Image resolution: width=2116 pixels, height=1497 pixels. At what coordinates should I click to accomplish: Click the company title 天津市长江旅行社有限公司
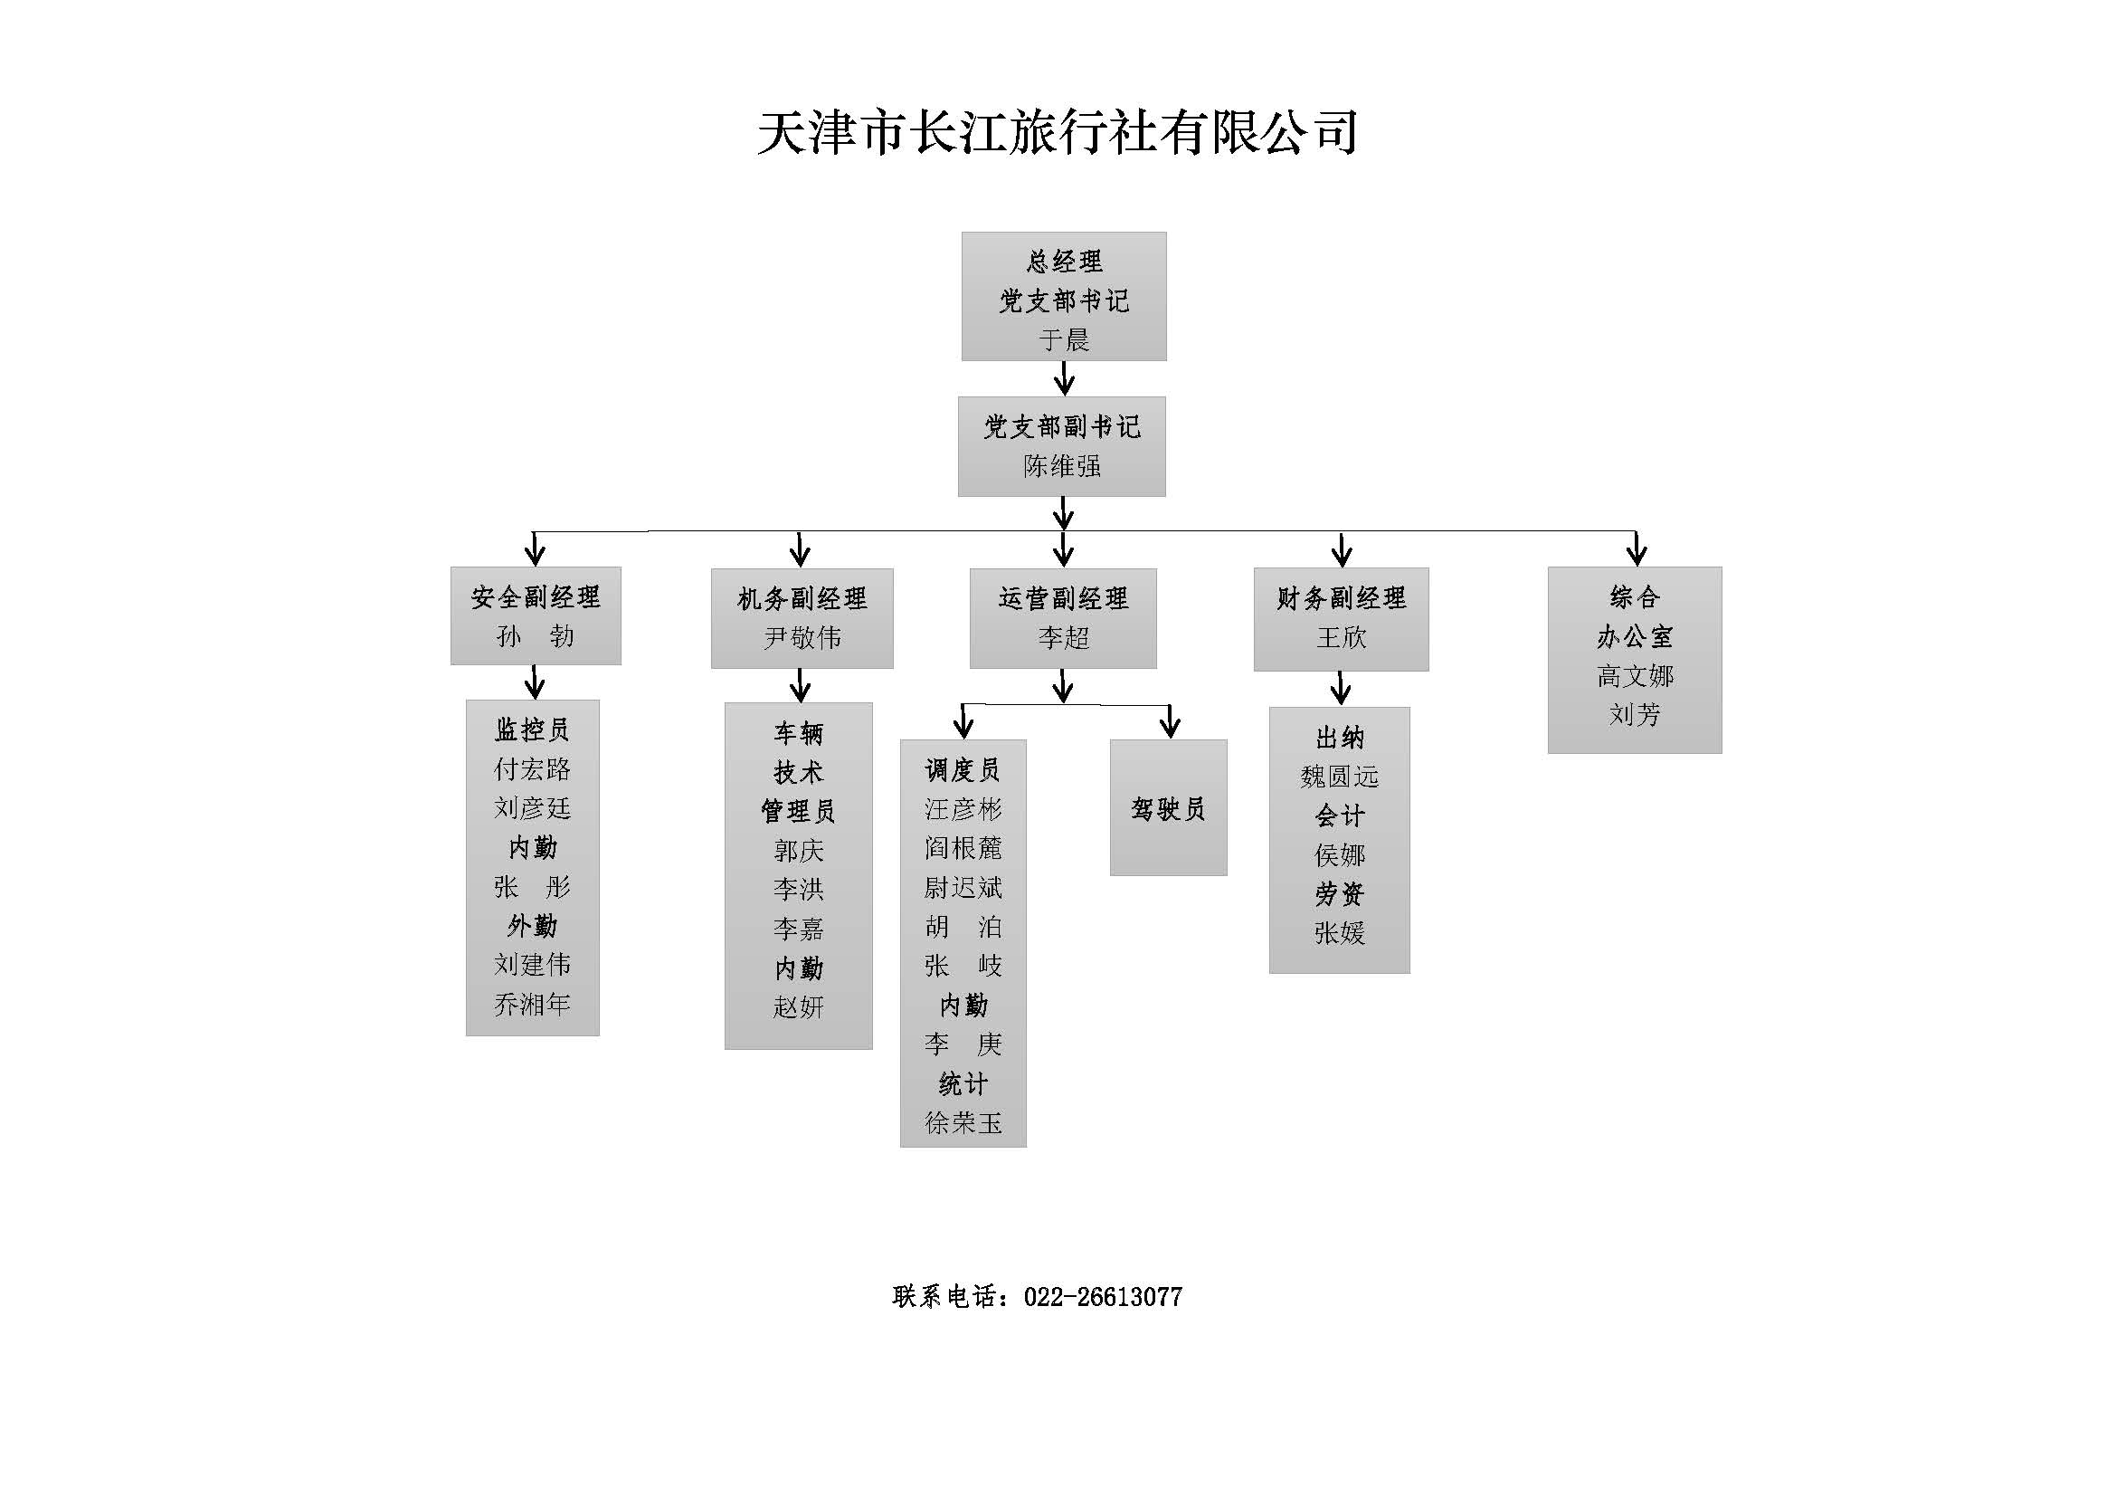tap(1057, 132)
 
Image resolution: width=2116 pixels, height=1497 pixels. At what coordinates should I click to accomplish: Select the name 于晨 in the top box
tap(1064, 340)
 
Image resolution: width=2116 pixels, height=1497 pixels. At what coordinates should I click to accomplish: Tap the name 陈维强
tap(1062, 466)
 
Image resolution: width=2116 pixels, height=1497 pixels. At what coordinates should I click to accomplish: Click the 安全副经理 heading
tap(536, 597)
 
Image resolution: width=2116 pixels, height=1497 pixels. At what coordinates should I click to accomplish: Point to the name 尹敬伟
tap(802, 638)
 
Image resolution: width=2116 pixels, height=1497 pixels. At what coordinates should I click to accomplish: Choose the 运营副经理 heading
tap(1063, 599)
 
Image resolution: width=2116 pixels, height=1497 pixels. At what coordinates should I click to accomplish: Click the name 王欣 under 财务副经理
tap(1341, 638)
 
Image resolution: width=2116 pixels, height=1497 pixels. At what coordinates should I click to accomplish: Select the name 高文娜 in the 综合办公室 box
tap(1634, 677)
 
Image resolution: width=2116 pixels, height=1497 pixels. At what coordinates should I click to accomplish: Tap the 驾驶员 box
tap(1168, 808)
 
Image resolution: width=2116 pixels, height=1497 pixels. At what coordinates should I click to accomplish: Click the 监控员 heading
tap(532, 730)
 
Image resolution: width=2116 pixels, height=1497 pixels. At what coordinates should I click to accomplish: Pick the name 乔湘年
tap(532, 1004)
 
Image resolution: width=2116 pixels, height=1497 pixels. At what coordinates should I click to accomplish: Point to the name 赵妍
tap(798, 1007)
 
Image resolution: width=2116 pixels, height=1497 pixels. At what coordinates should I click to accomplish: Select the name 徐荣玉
tap(963, 1122)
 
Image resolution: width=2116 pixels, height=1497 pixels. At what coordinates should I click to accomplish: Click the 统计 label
tap(963, 1084)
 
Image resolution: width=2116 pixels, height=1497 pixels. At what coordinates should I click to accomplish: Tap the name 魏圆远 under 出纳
tap(1339, 777)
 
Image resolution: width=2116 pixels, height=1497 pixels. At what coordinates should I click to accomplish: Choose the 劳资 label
tap(1339, 894)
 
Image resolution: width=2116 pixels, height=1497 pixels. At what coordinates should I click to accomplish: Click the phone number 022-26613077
tap(1102, 1298)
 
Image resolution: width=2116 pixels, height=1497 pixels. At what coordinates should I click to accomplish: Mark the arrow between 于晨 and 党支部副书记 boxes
tap(1065, 378)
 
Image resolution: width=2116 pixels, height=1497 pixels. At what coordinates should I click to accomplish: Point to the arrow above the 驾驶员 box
tap(1170, 721)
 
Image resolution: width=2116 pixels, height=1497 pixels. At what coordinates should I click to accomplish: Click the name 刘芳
tap(1634, 715)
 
